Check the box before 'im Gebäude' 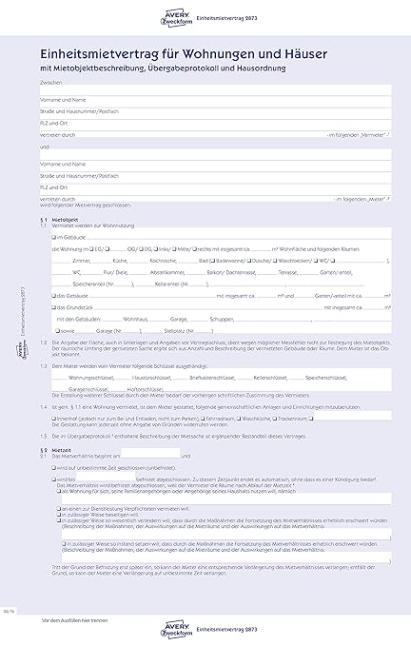click(54, 236)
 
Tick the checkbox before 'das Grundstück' click(54, 307)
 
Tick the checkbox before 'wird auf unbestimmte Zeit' click(54, 467)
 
